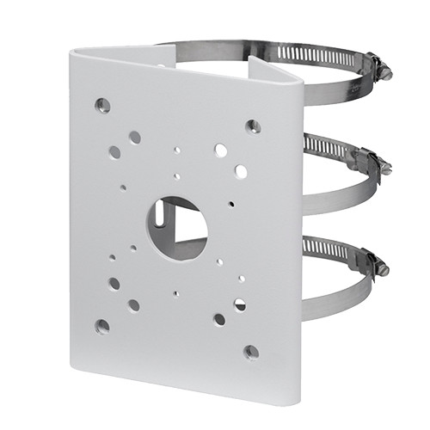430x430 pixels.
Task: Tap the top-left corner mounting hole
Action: [x=103, y=106]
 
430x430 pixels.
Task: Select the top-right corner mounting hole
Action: [x=253, y=126]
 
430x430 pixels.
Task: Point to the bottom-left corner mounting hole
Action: [x=102, y=327]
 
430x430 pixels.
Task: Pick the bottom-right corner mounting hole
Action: [x=251, y=352]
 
